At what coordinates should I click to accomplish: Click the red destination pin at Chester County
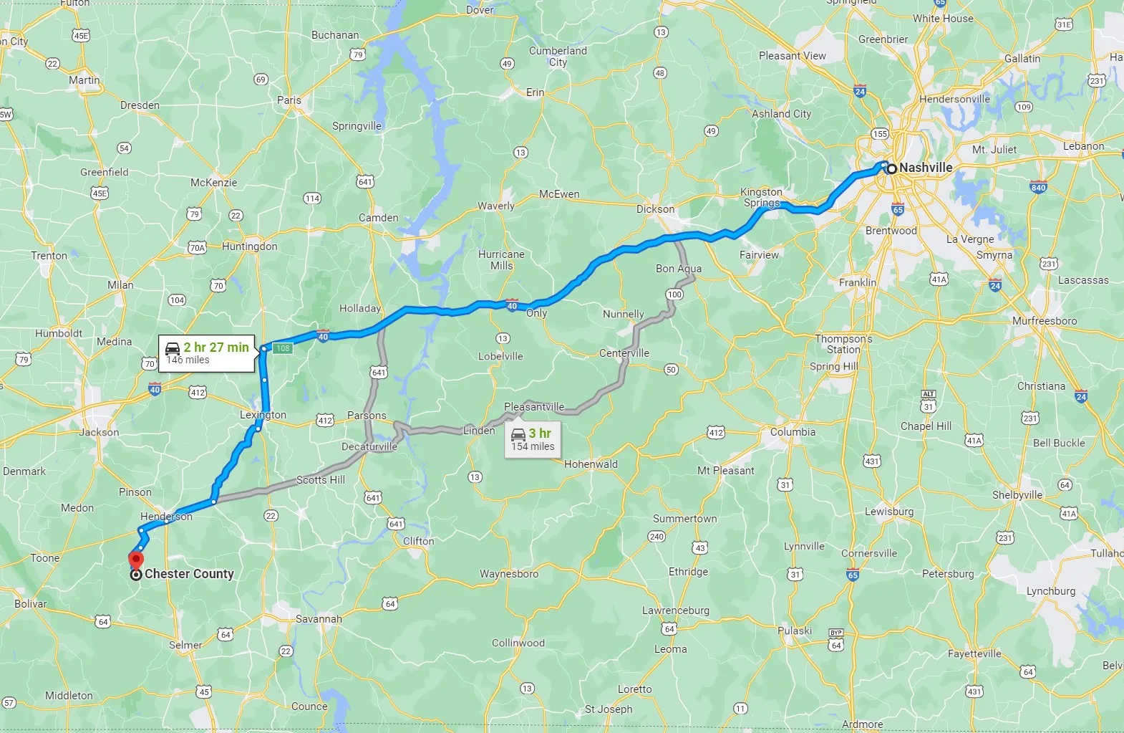click(136, 560)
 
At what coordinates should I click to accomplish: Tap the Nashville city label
click(925, 168)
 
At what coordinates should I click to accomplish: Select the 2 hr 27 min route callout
click(207, 353)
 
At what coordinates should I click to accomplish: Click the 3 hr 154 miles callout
click(533, 439)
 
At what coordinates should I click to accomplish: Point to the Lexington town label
click(263, 415)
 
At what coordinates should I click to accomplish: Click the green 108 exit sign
click(283, 348)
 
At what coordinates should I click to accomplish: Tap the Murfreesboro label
click(1044, 321)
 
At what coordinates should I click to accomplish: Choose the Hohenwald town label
click(591, 464)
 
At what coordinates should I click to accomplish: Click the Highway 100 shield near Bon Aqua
click(674, 294)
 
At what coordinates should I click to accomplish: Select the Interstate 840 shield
click(1038, 188)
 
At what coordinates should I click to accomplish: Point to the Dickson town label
click(655, 209)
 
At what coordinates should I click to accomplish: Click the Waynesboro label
click(508, 574)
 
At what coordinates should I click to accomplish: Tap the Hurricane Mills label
click(501, 260)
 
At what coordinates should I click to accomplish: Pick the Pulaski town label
click(795, 631)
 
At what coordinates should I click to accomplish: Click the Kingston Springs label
click(761, 197)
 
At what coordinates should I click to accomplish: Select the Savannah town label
click(319, 619)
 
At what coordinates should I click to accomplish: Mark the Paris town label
click(289, 100)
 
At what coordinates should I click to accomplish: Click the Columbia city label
click(793, 432)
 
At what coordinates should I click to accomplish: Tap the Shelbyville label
click(1017, 495)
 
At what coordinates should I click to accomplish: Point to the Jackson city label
click(100, 433)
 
